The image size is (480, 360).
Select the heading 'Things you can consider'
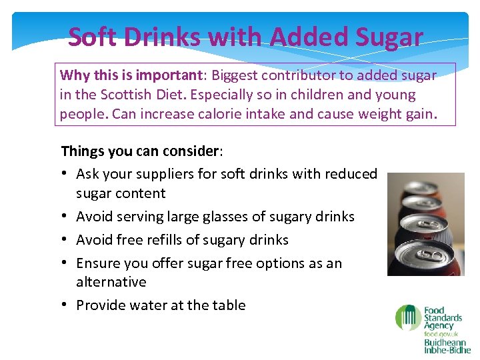point(140,151)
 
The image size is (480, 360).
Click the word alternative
point(111,282)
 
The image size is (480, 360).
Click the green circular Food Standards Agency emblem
point(407,317)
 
